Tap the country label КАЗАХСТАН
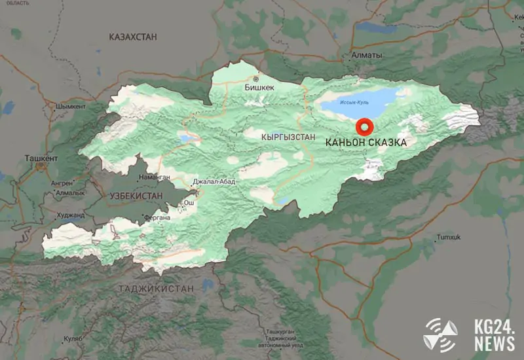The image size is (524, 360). [x=133, y=37]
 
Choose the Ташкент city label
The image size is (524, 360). [x=41, y=158]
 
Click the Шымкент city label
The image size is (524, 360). [x=71, y=106]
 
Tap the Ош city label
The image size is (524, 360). [x=189, y=203]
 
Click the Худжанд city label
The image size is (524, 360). [x=71, y=215]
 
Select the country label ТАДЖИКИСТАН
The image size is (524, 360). [x=157, y=288]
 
